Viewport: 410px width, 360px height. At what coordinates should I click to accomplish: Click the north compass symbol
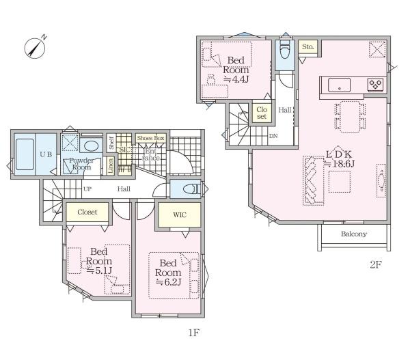pos(35,47)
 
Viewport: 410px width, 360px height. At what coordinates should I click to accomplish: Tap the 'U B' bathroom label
pos(46,154)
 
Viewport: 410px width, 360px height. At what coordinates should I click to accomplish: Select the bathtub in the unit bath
pos(25,154)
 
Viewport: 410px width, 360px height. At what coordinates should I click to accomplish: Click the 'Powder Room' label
pos(81,164)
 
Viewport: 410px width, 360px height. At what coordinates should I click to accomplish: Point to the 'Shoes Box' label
pos(150,138)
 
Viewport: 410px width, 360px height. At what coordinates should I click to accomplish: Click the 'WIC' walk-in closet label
pos(180,215)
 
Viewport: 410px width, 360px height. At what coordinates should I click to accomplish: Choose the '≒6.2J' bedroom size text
pos(168,282)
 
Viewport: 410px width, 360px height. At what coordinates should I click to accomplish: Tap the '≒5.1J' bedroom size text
pos(99,271)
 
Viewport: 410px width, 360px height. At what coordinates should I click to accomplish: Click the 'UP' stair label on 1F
pos(87,189)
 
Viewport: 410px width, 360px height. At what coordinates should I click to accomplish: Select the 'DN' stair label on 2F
pos(273,136)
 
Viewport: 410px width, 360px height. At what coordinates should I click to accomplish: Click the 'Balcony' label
pos(354,234)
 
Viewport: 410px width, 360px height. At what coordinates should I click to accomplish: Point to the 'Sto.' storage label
pos(307,47)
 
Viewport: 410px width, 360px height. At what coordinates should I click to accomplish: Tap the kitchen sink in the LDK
pos(339,85)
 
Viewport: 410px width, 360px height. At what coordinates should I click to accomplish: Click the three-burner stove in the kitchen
pos(375,85)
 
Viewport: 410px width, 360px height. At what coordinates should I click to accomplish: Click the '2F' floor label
pos(376,264)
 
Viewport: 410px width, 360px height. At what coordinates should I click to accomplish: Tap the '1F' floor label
pos(194,333)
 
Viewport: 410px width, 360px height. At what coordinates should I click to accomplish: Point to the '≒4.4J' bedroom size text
pos(236,79)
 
